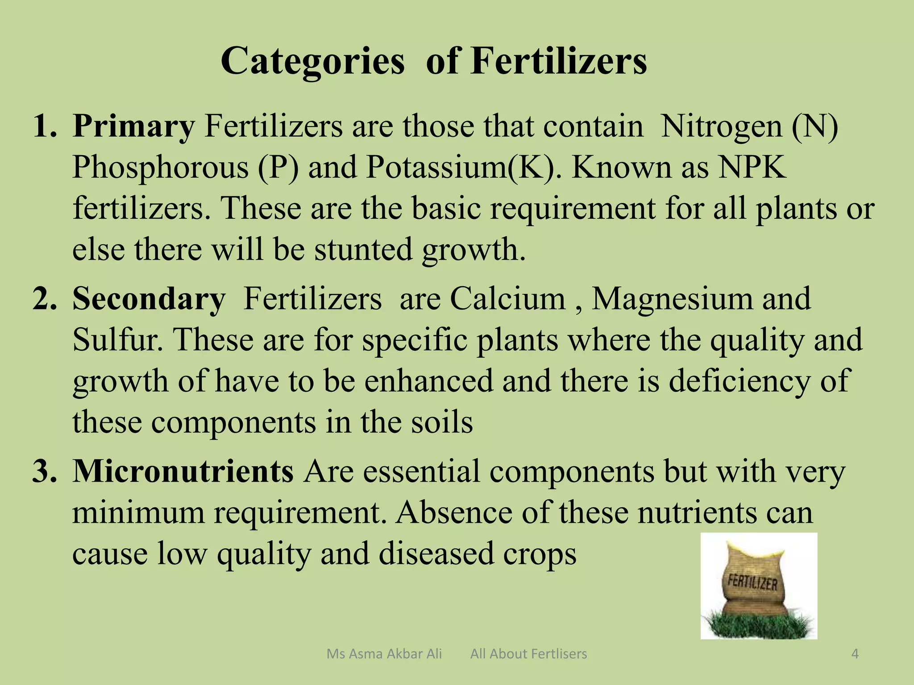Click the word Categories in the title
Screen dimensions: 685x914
pyautogui.click(x=312, y=62)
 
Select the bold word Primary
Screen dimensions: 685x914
pyautogui.click(x=133, y=127)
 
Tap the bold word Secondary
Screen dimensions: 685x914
pyautogui.click(x=149, y=299)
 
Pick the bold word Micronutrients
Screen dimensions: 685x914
pyautogui.click(x=183, y=471)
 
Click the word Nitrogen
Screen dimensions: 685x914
pyautogui.click(x=721, y=127)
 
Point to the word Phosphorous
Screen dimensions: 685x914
pyautogui.click(x=160, y=168)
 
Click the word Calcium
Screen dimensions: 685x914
pyautogui.click(x=507, y=299)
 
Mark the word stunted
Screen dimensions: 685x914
pyautogui.click(x=363, y=250)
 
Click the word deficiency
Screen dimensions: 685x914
pyautogui.click(x=739, y=381)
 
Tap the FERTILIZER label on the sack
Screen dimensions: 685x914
pyautogui.click(x=752, y=582)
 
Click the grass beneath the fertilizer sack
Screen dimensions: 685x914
pyautogui.click(x=758, y=624)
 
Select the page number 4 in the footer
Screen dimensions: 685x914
pyautogui.click(x=855, y=654)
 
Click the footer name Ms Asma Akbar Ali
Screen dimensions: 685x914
pyautogui.click(x=384, y=654)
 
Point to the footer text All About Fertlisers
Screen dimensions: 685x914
pyautogui.click(x=528, y=654)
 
